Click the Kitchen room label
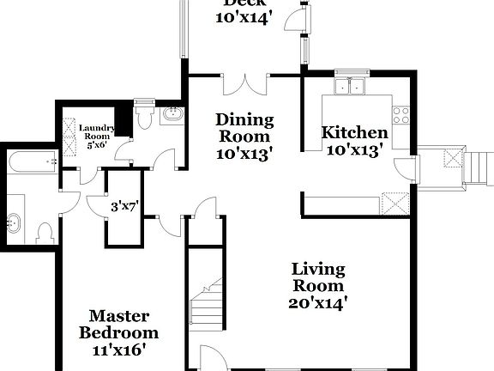pyautogui.click(x=354, y=133)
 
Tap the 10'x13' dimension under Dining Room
pyautogui.click(x=244, y=155)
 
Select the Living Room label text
pyautogui.click(x=317, y=277)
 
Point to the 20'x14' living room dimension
pyautogui.click(x=317, y=302)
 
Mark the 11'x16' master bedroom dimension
pyautogui.click(x=119, y=350)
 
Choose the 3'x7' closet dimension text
pyautogui.click(x=125, y=207)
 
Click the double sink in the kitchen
pyautogui.click(x=351, y=86)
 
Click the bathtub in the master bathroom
pyautogui.click(x=33, y=159)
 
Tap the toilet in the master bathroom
pyautogui.click(x=45, y=232)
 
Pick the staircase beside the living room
pyautogui.click(x=206, y=306)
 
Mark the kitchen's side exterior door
pyautogui.click(x=405, y=168)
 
